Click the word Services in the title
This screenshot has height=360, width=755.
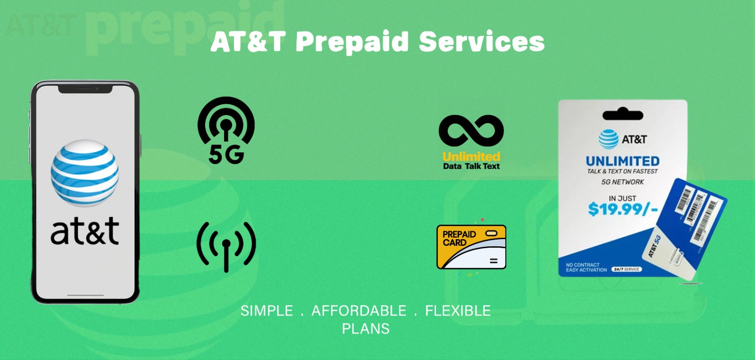[481, 42]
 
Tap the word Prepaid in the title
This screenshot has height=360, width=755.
[352, 42]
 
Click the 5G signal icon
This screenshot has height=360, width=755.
[226, 130]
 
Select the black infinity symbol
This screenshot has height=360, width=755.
[471, 130]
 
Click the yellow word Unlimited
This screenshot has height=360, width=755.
[471, 156]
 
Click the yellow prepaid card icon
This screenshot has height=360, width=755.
[471, 247]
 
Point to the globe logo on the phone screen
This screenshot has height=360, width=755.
[85, 173]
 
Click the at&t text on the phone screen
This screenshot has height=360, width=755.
[85, 231]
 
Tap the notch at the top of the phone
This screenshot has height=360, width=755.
[85, 89]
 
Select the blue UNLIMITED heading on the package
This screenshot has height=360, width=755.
[622, 161]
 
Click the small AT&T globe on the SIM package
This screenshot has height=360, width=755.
[608, 139]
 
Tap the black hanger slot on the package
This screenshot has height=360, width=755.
[622, 114]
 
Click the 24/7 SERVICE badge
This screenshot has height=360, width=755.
[626, 269]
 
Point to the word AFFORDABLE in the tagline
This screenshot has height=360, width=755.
[359, 311]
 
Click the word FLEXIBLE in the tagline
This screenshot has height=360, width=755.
[458, 311]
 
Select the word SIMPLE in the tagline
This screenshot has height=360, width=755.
[267, 311]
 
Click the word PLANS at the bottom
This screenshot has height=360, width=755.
[366, 329]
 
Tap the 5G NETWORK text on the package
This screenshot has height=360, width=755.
[622, 182]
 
